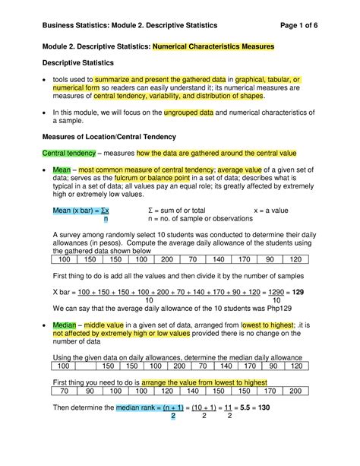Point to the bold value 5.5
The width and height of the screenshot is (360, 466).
click(248, 408)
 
